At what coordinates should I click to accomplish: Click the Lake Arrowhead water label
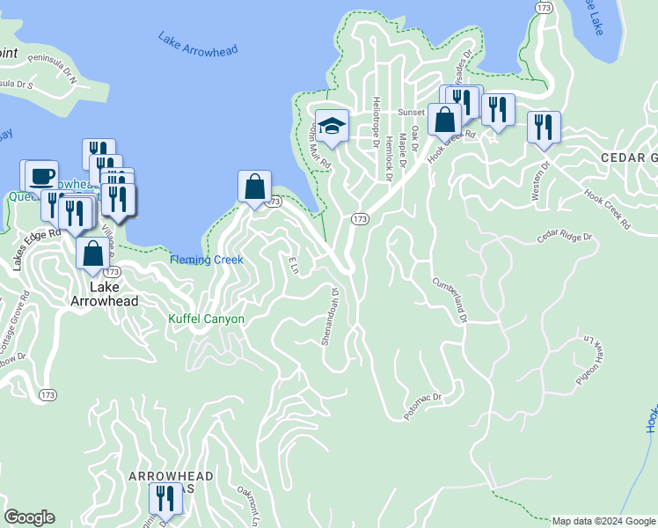click(198, 45)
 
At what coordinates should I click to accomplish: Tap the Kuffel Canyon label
click(206, 319)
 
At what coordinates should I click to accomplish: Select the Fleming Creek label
click(205, 260)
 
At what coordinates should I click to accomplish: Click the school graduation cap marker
click(332, 126)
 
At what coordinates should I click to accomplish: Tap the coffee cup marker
click(40, 174)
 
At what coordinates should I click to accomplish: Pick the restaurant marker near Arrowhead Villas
click(164, 499)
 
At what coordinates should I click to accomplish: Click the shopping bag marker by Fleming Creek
click(254, 187)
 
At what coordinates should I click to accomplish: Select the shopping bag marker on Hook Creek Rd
click(445, 119)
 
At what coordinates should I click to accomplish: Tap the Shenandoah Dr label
click(330, 315)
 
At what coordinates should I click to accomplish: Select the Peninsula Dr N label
click(52, 69)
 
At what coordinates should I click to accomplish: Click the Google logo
click(29, 517)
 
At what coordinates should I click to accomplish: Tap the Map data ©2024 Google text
click(603, 521)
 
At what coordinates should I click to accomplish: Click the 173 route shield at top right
click(543, 7)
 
